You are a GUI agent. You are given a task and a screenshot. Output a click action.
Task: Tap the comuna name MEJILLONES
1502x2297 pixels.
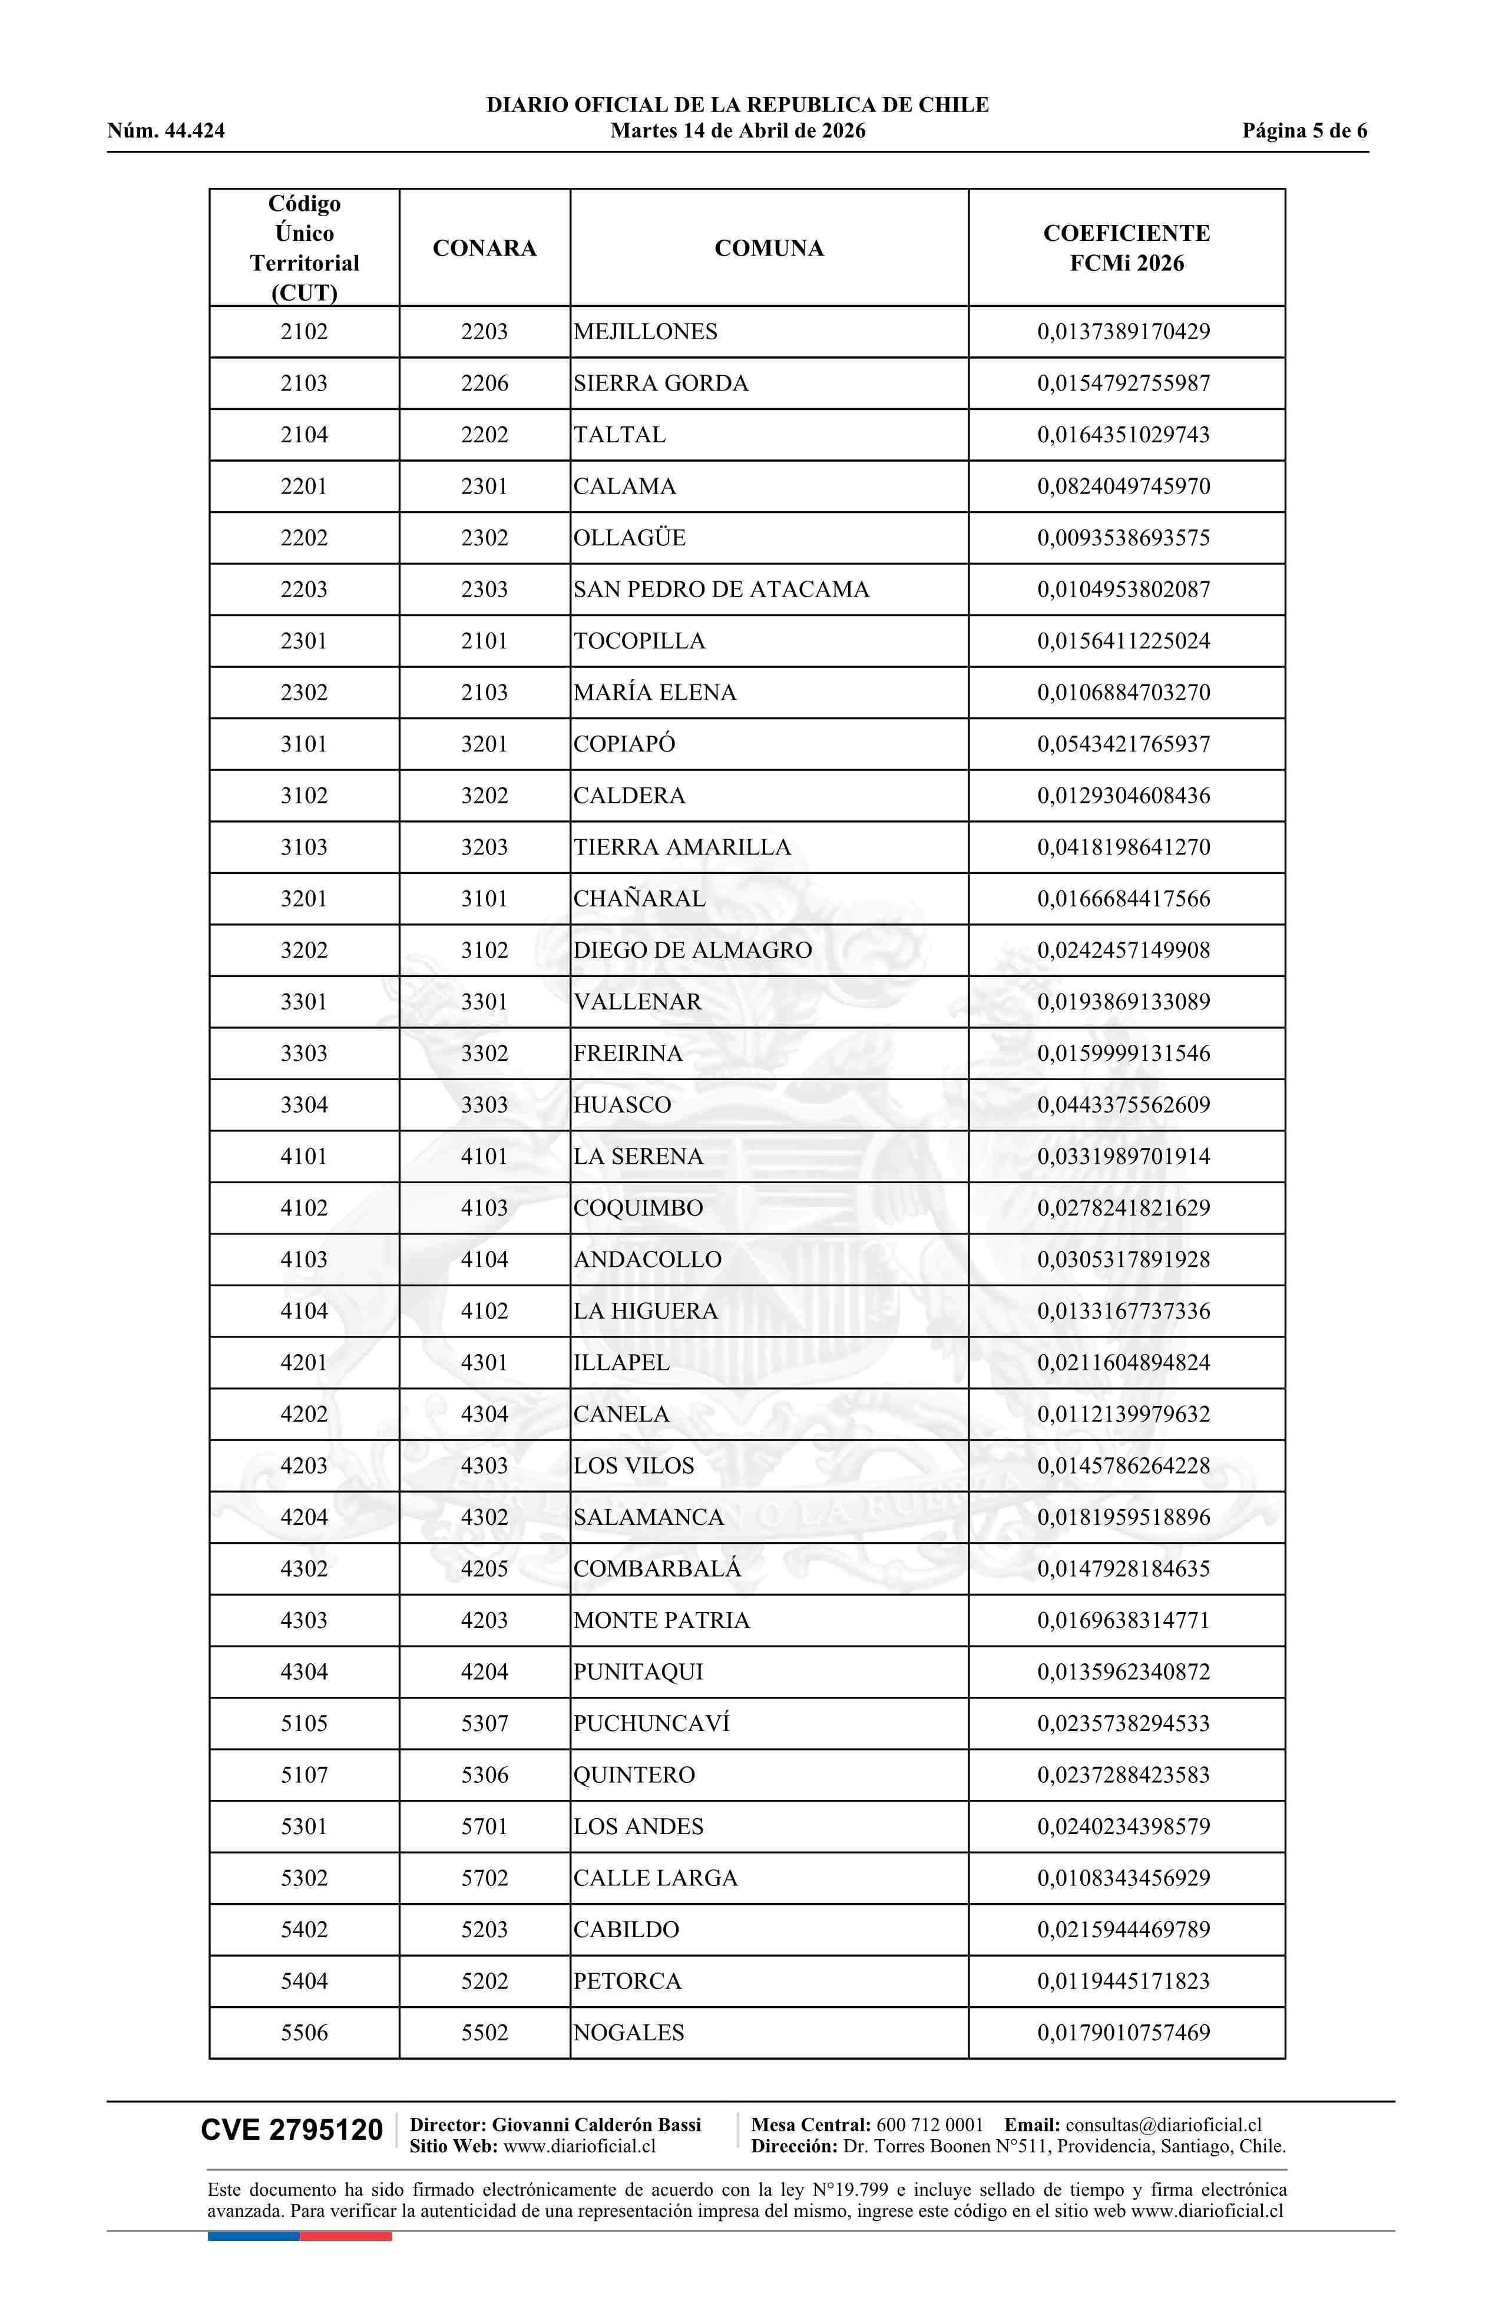pos(645,332)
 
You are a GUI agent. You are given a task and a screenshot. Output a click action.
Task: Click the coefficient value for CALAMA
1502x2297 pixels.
pos(1124,486)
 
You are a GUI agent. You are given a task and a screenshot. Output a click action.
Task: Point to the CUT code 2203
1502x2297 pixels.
pos(304,590)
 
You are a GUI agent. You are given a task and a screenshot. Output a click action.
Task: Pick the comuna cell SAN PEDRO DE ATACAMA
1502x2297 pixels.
pos(721,590)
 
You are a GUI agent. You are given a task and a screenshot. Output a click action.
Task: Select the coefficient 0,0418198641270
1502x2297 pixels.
pos(1124,848)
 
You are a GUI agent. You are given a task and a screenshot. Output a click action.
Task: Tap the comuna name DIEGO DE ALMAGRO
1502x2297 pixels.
pos(692,951)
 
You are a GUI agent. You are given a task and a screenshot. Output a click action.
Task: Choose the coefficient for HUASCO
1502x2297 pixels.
pos(1124,1105)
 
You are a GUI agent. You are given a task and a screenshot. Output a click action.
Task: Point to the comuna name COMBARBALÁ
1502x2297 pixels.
pos(657,1568)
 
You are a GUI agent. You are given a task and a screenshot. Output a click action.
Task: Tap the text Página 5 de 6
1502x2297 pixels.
pos(1304,131)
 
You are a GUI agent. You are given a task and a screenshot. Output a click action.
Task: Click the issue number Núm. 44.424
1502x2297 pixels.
pos(166,131)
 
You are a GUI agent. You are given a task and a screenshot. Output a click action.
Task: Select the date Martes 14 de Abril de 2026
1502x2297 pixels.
pos(737,131)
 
